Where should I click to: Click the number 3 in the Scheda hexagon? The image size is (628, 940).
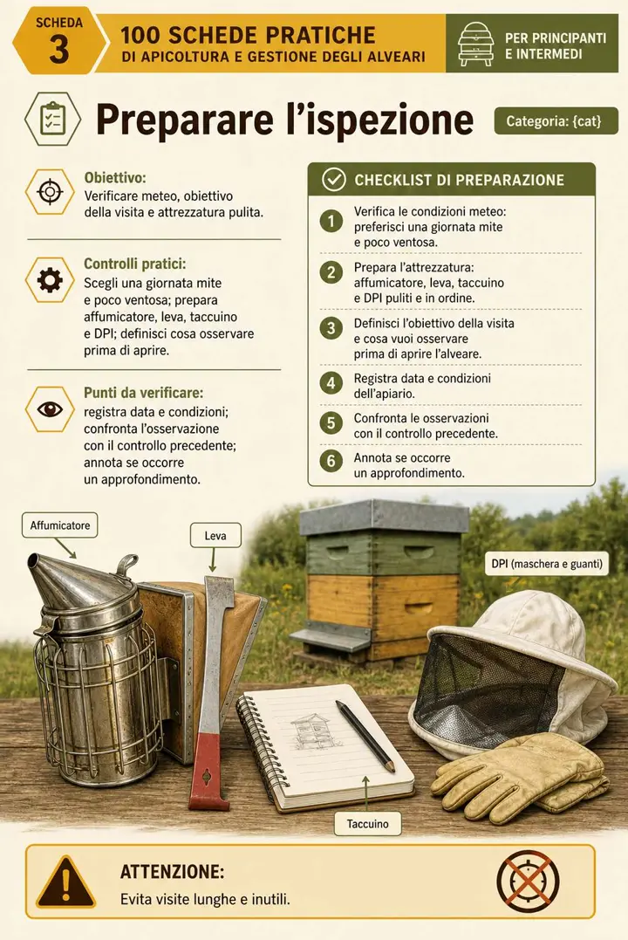58,49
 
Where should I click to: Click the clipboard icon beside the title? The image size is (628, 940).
52,119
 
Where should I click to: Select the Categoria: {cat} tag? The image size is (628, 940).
554,120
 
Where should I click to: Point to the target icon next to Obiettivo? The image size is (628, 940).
50,192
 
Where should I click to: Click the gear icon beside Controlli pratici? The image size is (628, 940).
50,280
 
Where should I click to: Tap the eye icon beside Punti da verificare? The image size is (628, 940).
50,408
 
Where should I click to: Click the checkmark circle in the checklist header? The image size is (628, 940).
333,179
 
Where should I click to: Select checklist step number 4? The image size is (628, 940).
331,382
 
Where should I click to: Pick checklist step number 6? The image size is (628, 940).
331,461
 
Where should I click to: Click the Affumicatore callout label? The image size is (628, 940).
60,525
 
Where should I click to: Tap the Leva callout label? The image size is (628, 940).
215,535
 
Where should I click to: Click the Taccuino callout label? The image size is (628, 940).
367,824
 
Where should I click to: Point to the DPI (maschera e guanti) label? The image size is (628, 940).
547,564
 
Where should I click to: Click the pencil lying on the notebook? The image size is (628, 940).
365,736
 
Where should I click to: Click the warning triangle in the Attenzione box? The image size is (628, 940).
66,883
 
